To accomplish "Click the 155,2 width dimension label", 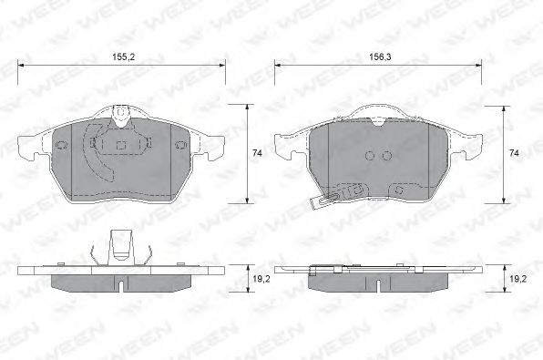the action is click(124, 57).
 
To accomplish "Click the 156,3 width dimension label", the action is click(380, 57).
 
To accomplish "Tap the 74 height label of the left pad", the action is click(257, 153).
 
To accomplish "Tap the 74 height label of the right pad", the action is click(514, 153).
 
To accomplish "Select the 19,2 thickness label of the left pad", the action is click(261, 279).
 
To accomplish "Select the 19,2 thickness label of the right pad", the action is click(518, 279).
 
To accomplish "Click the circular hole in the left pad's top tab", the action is click(121, 113).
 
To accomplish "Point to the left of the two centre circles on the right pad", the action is click(370, 156).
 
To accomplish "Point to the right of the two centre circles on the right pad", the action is click(387, 156).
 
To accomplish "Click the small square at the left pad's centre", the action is click(121, 145).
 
